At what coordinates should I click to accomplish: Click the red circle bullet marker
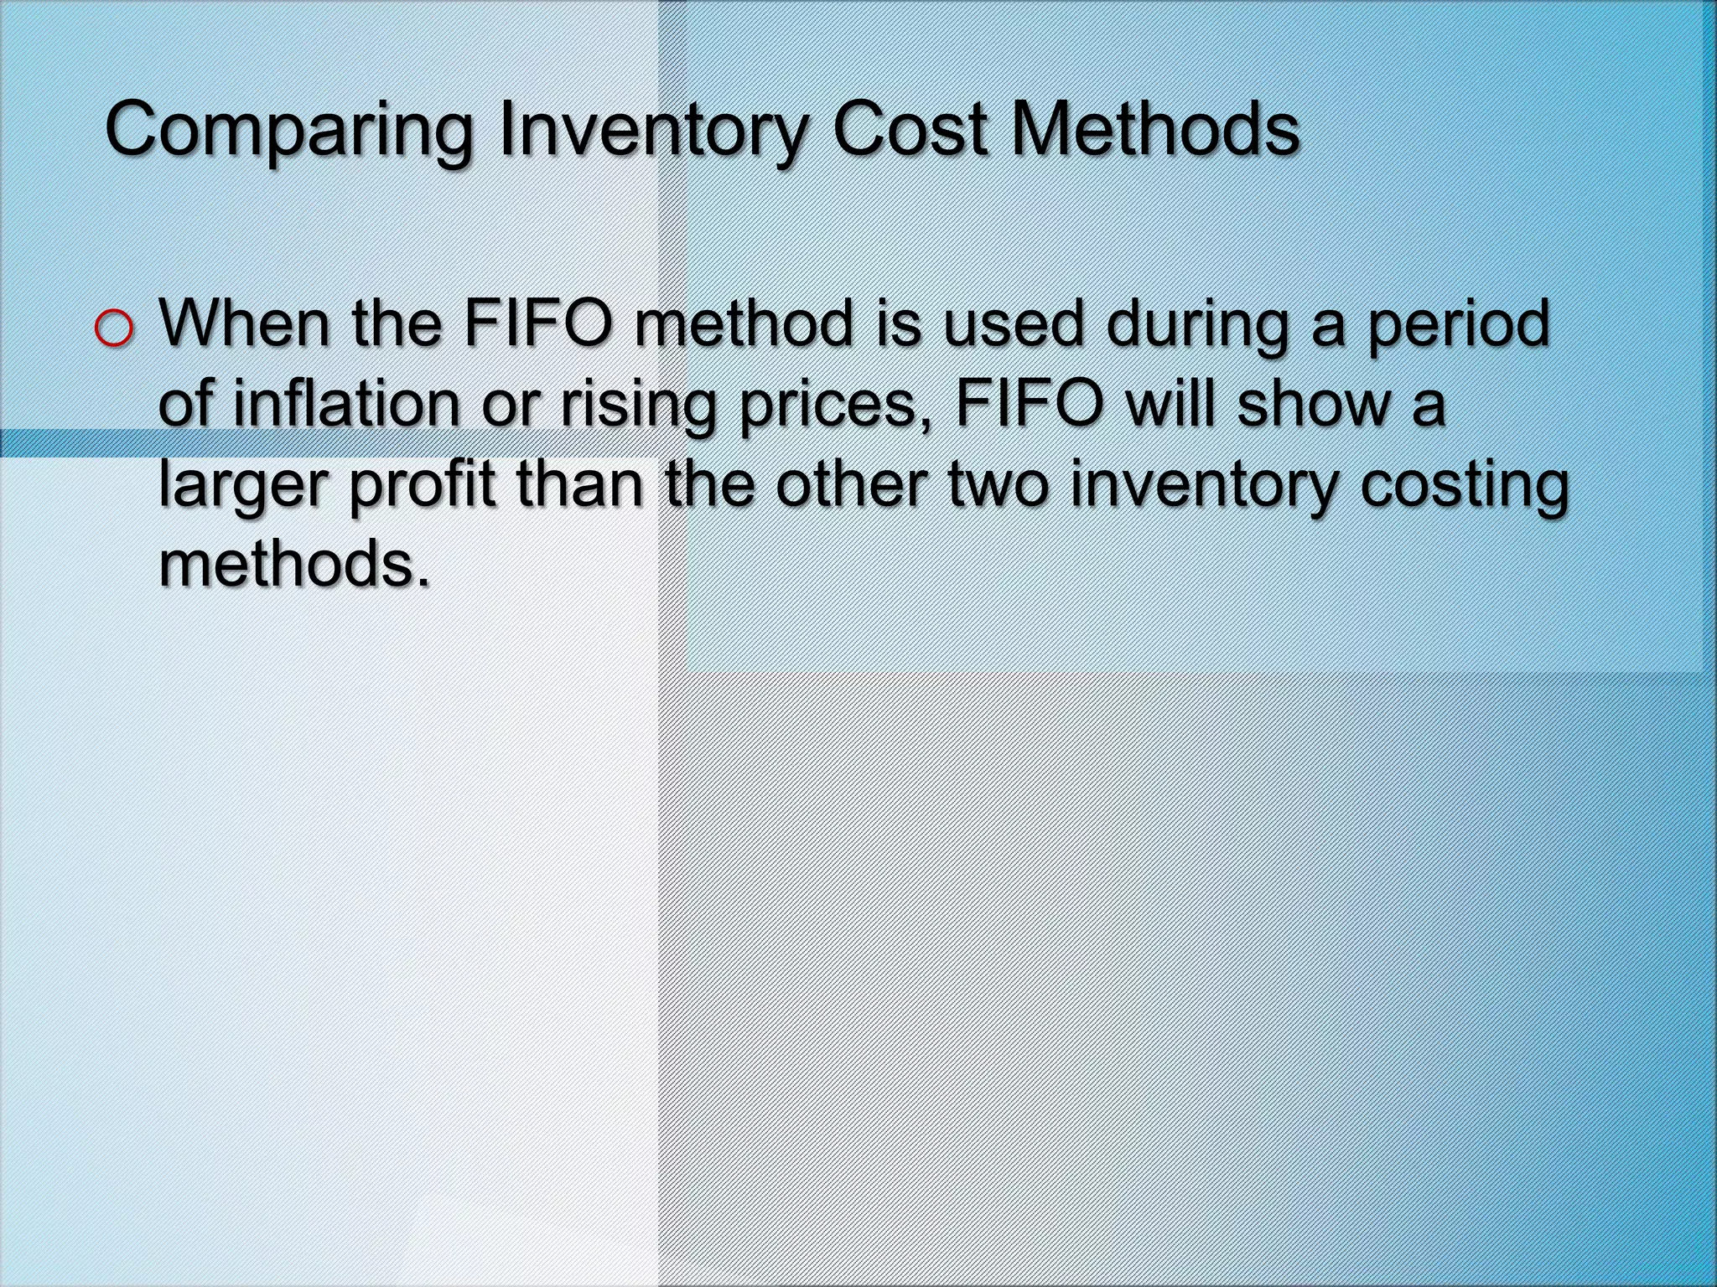[x=114, y=329]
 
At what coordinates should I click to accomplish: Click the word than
[x=579, y=483]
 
